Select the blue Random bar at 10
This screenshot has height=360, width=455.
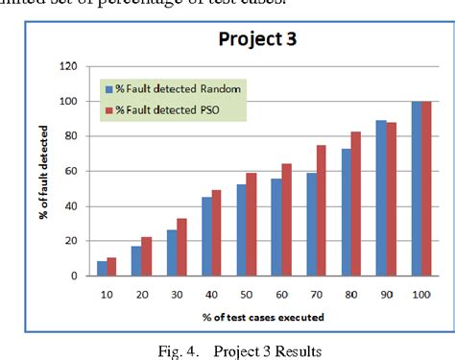pyautogui.click(x=103, y=269)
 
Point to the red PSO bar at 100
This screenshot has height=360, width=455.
pyautogui.click(x=426, y=188)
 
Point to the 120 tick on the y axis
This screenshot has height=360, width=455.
pyautogui.click(x=68, y=66)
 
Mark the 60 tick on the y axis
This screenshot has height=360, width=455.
pyautogui.click(x=71, y=171)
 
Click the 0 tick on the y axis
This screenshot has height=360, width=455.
pyautogui.click(x=74, y=276)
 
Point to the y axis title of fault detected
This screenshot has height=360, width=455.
pyautogui.click(x=45, y=170)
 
